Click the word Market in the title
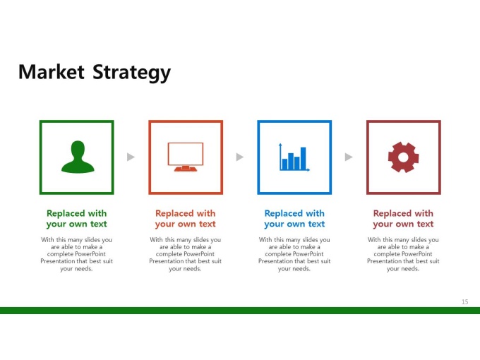[x=52, y=72]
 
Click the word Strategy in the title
[x=131, y=73]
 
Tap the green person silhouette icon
[x=78, y=157]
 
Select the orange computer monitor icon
[x=186, y=157]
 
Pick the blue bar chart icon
[x=294, y=157]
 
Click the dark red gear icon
[x=403, y=157]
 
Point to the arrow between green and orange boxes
[x=131, y=157]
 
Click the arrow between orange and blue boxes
[x=240, y=157]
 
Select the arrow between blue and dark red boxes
[x=349, y=157]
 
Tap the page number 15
[x=464, y=302]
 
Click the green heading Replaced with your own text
[x=76, y=219]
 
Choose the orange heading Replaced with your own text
[x=186, y=219]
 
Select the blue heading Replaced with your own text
[x=294, y=219]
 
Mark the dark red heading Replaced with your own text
[x=403, y=219]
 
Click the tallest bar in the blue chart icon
[x=303, y=158]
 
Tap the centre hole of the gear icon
[x=403, y=157]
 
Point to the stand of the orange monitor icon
[x=186, y=169]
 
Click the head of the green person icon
[x=78, y=149]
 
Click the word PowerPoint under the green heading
[x=90, y=254]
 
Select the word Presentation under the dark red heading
[x=383, y=261]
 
